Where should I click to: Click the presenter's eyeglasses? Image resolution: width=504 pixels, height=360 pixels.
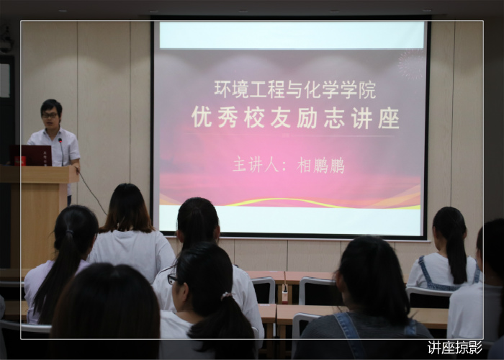(50, 115)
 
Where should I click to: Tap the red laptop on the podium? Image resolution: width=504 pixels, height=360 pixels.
(31, 156)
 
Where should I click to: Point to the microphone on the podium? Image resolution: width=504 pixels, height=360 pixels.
(61, 152)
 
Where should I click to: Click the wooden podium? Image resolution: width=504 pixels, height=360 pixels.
(39, 216)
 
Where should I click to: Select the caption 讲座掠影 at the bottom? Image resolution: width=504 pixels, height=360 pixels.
(455, 348)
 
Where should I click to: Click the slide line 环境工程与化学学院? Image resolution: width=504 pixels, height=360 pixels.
(294, 90)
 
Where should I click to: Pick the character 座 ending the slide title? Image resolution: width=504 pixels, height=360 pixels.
(389, 118)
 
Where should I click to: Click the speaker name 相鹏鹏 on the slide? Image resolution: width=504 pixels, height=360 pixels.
(320, 165)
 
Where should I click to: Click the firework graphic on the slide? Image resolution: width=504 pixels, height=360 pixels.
(411, 64)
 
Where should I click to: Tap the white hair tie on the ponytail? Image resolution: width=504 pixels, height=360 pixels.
(226, 295)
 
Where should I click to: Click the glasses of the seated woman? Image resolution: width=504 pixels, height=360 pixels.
(172, 279)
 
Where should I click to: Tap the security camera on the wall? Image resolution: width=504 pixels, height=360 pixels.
(6, 40)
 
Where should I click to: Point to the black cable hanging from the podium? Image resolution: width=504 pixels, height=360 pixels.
(93, 194)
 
